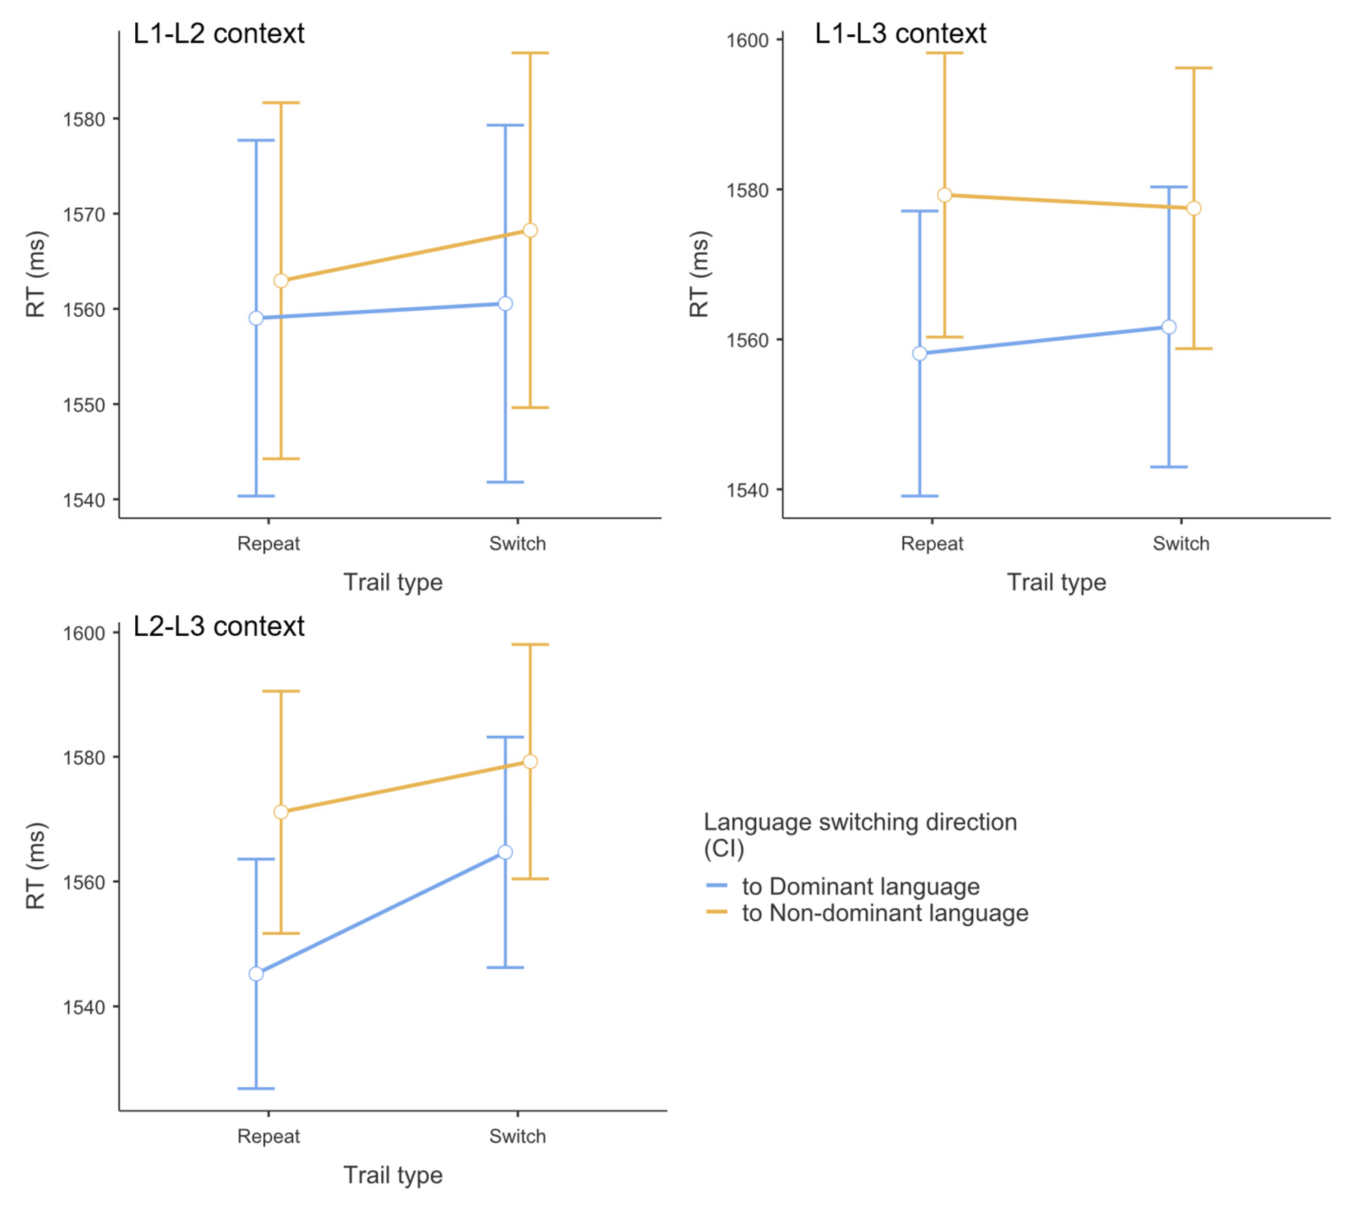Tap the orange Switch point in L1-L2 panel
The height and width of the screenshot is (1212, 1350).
tap(530, 231)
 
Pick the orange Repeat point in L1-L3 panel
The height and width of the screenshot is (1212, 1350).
tap(944, 195)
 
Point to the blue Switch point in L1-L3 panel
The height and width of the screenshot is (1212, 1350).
tap(1169, 327)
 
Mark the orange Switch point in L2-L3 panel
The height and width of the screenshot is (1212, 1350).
tap(530, 761)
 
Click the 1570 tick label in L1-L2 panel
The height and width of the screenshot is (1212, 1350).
tap(84, 215)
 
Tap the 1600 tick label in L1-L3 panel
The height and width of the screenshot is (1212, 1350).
tap(747, 41)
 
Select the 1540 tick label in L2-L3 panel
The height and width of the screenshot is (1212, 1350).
tap(84, 1007)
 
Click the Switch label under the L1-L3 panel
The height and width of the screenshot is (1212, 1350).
tap(1181, 544)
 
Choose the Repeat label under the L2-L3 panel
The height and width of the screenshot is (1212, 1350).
tap(268, 1136)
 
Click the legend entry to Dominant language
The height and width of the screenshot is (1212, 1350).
tap(861, 886)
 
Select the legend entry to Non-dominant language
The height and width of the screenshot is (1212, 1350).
tap(884, 913)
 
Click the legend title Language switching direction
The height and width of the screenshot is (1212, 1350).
tap(860, 822)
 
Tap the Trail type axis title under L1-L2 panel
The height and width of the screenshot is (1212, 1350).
tap(393, 582)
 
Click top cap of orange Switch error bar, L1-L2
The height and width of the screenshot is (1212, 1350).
tap(530, 53)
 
